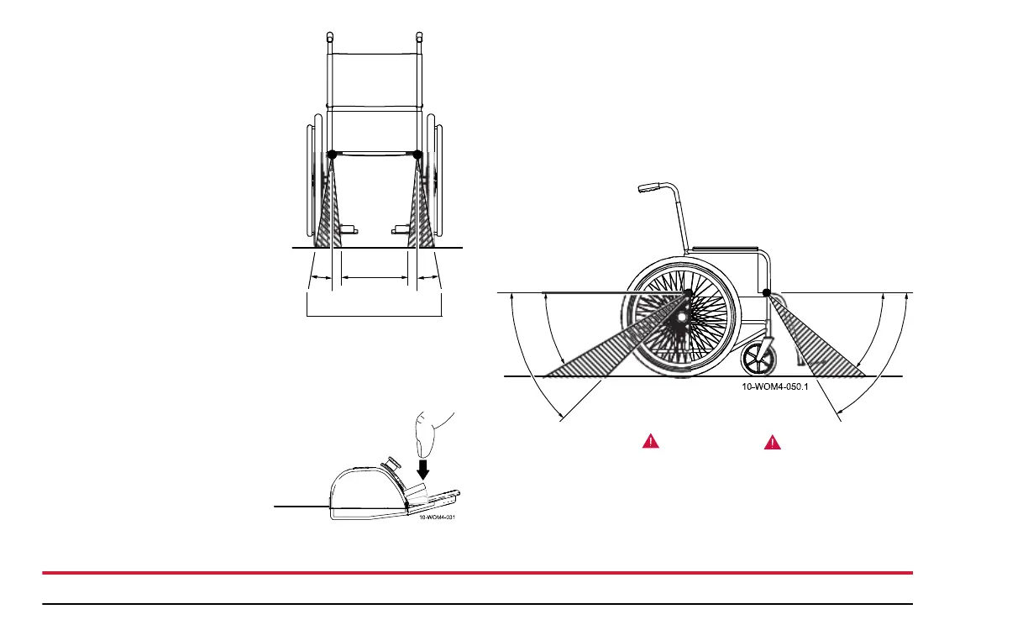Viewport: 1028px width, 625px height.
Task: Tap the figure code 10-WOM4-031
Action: pos(438,517)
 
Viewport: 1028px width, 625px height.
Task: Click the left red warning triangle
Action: pos(651,441)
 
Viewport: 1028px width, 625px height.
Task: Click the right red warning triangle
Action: pos(772,441)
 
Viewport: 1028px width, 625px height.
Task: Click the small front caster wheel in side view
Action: pos(758,360)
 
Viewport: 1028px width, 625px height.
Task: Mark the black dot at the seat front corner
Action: pos(767,292)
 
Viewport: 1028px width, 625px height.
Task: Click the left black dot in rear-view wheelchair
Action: pos(331,155)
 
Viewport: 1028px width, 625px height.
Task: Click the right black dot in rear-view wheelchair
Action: pos(418,155)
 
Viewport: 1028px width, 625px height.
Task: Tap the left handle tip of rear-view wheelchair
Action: pos(329,37)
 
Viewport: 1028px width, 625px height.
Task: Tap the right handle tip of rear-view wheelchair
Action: pos(420,37)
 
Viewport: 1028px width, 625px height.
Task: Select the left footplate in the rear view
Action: pos(349,228)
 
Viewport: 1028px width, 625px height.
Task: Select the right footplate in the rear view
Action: pos(401,228)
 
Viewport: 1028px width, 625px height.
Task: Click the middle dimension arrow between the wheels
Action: pos(374,276)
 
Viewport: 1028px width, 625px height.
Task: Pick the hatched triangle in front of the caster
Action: pos(823,340)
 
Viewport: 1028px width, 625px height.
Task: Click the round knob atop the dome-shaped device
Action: pos(391,461)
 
